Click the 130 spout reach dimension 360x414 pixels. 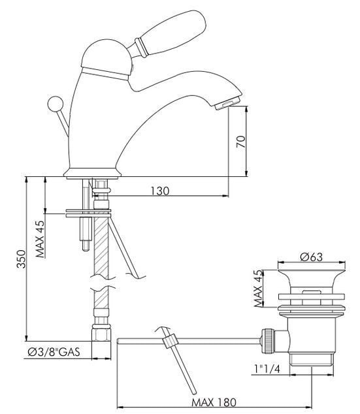coord(160,191)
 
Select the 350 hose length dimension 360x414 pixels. coord(22,259)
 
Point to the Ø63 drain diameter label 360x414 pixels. coord(312,257)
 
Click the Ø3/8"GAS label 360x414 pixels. coord(54,352)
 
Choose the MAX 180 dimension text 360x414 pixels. coord(214,403)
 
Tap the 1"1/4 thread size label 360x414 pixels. coord(267,368)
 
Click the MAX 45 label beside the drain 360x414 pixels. coord(259,289)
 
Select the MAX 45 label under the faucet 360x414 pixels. coord(41,239)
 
